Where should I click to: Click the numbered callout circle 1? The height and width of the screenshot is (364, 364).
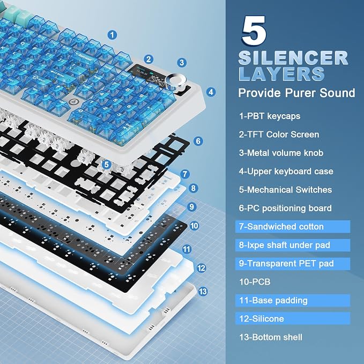[112, 35]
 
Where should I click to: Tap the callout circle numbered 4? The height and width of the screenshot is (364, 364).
[211, 92]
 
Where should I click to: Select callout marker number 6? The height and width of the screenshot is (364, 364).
[198, 141]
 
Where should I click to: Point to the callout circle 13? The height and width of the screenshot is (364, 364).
[203, 291]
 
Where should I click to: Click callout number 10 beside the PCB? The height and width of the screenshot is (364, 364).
[194, 226]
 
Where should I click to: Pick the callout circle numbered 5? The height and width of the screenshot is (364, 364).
[106, 165]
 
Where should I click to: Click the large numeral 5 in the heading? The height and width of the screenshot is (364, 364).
[254, 31]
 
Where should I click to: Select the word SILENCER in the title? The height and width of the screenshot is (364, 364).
[293, 58]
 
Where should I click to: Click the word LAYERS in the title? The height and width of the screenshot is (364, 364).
[281, 74]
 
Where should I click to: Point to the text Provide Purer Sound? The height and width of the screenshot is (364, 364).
[296, 93]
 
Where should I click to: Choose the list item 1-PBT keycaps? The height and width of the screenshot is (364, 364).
[270, 116]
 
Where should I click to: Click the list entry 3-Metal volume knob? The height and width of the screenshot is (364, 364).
[281, 153]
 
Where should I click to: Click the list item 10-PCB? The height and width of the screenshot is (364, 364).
[255, 282]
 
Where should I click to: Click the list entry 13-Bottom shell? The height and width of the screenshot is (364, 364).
[270, 337]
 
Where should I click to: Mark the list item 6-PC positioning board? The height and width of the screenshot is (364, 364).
[285, 208]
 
